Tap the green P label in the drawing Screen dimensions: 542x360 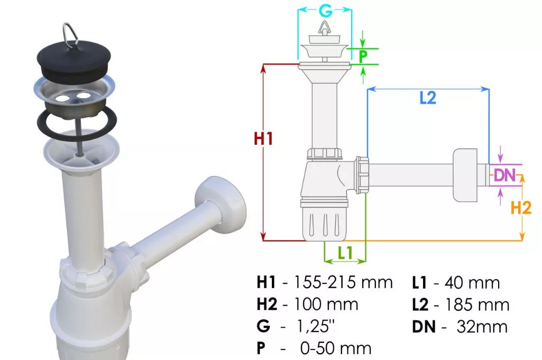(x=363, y=57)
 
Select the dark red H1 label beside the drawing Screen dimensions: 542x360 (x=263, y=139)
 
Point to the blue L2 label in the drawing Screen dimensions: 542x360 (x=428, y=98)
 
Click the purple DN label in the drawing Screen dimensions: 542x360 (x=504, y=175)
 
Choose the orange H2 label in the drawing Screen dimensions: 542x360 (x=521, y=208)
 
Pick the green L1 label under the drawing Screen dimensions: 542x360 (x=345, y=253)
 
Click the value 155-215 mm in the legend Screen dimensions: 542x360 (x=343, y=283)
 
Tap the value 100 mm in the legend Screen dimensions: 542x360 (x=326, y=304)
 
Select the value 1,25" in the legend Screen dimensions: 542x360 (x=316, y=326)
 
